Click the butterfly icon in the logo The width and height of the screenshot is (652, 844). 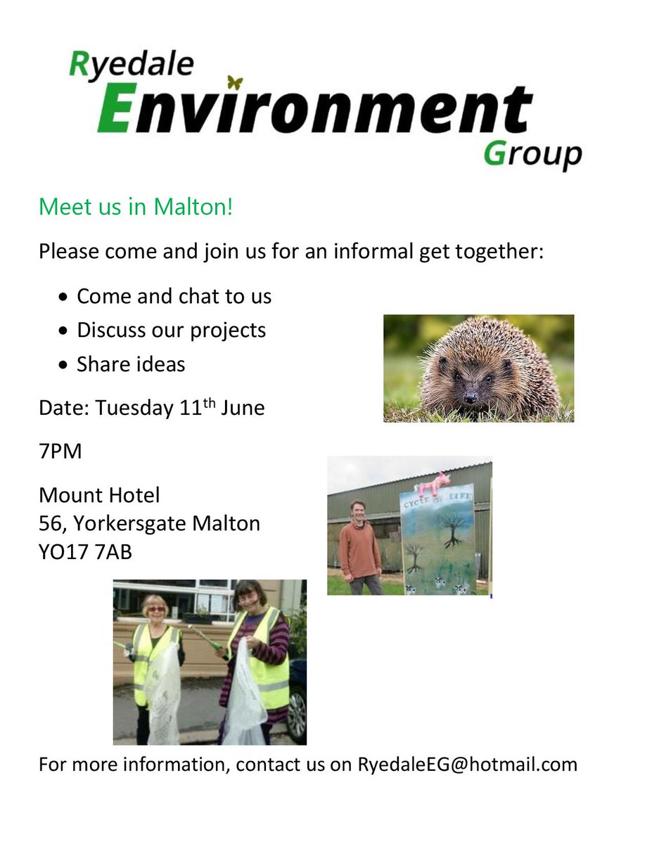click(x=236, y=82)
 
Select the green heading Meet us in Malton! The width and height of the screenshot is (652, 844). click(x=135, y=207)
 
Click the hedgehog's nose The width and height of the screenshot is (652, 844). click(x=469, y=398)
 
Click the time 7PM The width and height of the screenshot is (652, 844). click(x=60, y=451)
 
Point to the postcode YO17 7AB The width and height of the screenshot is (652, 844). click(x=85, y=553)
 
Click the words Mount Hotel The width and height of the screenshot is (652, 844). click(x=99, y=495)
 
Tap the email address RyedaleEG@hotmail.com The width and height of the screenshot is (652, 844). click(x=467, y=764)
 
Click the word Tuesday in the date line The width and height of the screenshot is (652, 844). click(x=134, y=408)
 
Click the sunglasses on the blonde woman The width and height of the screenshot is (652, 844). click(x=155, y=609)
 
